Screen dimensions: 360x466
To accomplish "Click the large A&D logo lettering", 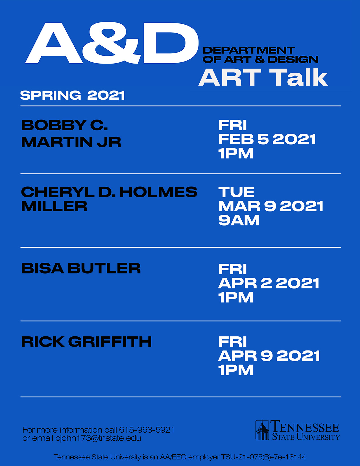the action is [112, 43].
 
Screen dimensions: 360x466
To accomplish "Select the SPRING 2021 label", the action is [73, 95].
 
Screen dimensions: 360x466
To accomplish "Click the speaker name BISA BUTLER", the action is [81, 268].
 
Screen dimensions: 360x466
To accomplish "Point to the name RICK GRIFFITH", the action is [86, 342].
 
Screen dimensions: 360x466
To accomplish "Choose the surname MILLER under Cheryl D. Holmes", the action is [54, 206].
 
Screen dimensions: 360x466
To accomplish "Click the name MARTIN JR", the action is [71, 142].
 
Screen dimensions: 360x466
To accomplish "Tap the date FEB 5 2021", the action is [267, 139].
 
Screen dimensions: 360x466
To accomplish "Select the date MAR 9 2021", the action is [271, 206].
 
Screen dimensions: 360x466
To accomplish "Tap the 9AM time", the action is [239, 221].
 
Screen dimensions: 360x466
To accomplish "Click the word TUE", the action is [236, 192].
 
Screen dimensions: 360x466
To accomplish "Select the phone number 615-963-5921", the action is [147, 430].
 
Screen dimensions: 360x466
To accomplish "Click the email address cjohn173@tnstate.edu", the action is [98, 438].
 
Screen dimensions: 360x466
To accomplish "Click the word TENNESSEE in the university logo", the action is [305, 426].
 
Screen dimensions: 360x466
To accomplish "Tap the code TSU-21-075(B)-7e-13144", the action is [263, 457].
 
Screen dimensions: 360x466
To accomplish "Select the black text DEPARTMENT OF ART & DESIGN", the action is [260, 55].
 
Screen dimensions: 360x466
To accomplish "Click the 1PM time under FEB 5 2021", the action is [236, 153].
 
